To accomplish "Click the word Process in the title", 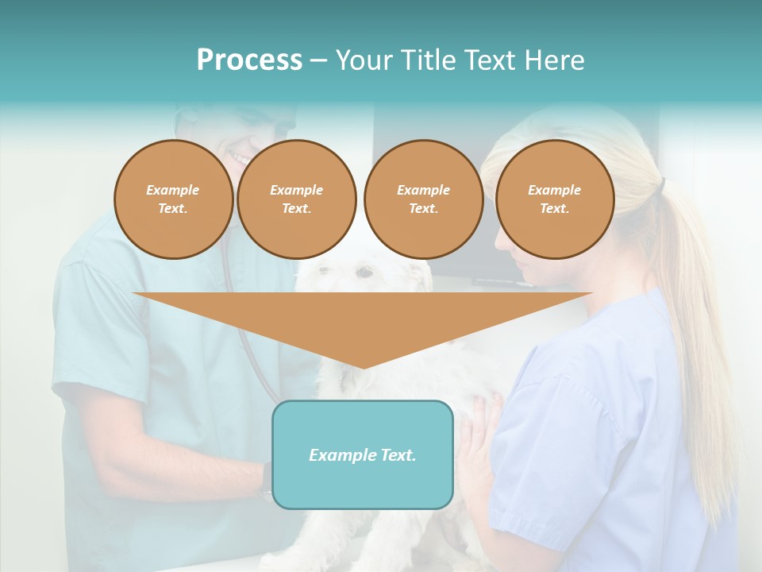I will [x=249, y=60].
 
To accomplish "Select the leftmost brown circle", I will [x=173, y=199].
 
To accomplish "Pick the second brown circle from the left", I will [x=296, y=199].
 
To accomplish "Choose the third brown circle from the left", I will [x=423, y=199].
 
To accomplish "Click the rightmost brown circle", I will [x=554, y=199].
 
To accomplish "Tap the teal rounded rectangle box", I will [x=362, y=485].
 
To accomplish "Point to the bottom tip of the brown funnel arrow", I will [x=363, y=367].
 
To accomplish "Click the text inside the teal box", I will [x=362, y=455].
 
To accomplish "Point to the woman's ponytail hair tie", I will [x=661, y=185].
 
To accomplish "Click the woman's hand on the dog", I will [x=477, y=445].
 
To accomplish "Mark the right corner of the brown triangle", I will [x=591, y=294].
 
